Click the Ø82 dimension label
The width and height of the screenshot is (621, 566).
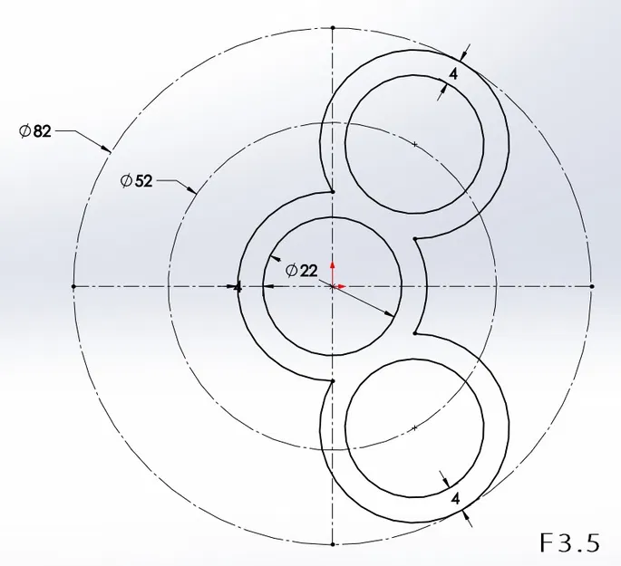(x=35, y=131)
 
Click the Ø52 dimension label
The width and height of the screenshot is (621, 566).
(x=137, y=180)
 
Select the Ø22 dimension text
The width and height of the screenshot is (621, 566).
(x=301, y=270)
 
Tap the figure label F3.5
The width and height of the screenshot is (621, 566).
(x=569, y=542)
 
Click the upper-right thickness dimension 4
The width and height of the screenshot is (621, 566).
(x=452, y=74)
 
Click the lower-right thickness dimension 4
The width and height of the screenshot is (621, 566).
(x=455, y=497)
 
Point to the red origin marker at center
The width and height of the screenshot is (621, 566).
(x=333, y=286)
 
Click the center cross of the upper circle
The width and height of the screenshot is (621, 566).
(x=414, y=145)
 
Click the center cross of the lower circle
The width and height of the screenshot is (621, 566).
(x=414, y=427)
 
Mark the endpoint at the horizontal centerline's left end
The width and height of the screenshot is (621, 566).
(x=73, y=286)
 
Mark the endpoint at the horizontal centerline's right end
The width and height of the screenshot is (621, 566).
(x=591, y=286)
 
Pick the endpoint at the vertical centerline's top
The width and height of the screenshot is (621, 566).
(x=333, y=28)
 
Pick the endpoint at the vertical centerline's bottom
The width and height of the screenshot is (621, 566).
(x=333, y=544)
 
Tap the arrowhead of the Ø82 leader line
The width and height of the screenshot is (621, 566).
(x=109, y=149)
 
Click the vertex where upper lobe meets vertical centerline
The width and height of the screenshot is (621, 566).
(x=333, y=192)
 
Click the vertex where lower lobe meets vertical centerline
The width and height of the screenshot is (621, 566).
(x=333, y=381)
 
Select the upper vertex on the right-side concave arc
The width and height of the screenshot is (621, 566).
(x=414, y=239)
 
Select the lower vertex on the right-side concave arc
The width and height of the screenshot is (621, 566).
(x=414, y=333)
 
